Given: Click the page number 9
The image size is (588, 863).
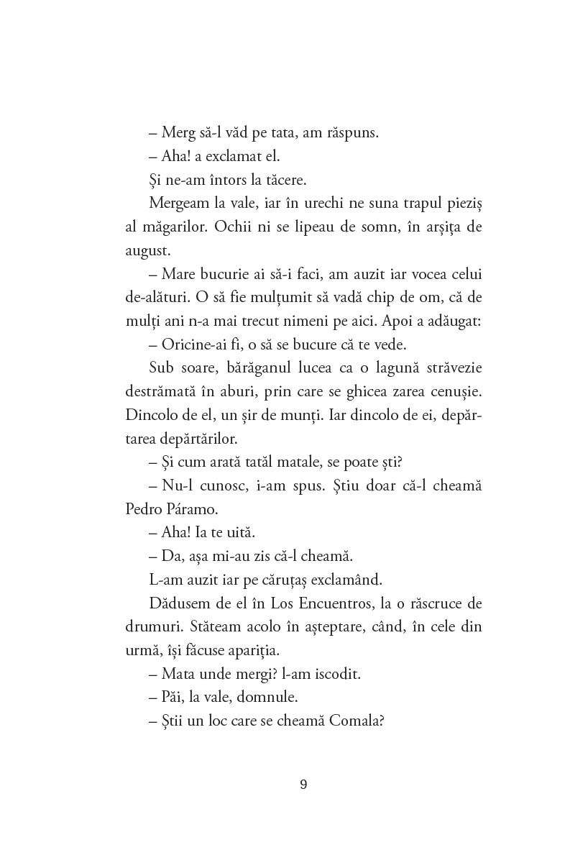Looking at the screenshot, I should point(303,784).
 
